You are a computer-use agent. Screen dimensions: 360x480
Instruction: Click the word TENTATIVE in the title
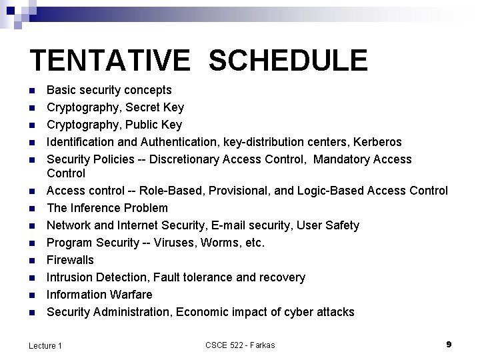click(109, 60)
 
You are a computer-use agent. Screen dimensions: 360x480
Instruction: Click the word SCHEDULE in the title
click(287, 60)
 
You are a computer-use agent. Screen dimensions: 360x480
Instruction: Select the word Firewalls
click(70, 259)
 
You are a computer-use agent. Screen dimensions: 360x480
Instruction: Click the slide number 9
click(449, 344)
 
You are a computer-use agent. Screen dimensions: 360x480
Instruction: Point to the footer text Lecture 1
click(45, 345)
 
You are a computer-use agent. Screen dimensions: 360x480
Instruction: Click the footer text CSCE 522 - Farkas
click(240, 345)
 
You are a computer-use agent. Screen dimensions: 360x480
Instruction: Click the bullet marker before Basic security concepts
click(33, 90)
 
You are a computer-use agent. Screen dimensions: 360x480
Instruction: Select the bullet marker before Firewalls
click(33, 260)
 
